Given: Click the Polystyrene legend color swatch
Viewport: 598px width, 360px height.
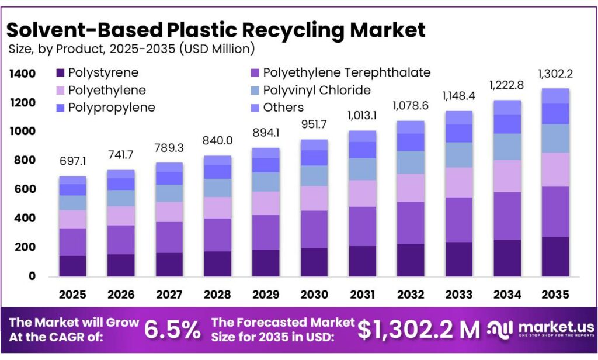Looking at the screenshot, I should point(60,73).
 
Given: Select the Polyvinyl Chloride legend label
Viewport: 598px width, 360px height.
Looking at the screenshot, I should point(317,90).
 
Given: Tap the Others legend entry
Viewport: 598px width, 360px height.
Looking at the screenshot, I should point(283,108).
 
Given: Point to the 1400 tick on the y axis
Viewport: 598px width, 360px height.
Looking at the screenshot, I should point(22,74).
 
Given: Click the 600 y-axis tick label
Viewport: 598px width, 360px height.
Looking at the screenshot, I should point(25,189).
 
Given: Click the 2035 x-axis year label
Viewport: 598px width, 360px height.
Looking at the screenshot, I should point(555,295).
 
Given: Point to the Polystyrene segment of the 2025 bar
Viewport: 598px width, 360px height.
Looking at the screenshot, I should point(72,265).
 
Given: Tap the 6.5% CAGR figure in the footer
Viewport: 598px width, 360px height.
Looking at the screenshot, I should point(172,330).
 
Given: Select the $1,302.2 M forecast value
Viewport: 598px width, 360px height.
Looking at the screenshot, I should point(419,330).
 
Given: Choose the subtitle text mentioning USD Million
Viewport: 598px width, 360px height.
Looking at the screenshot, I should point(131,49).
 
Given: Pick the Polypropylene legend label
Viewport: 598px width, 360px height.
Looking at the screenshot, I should point(111,108).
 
